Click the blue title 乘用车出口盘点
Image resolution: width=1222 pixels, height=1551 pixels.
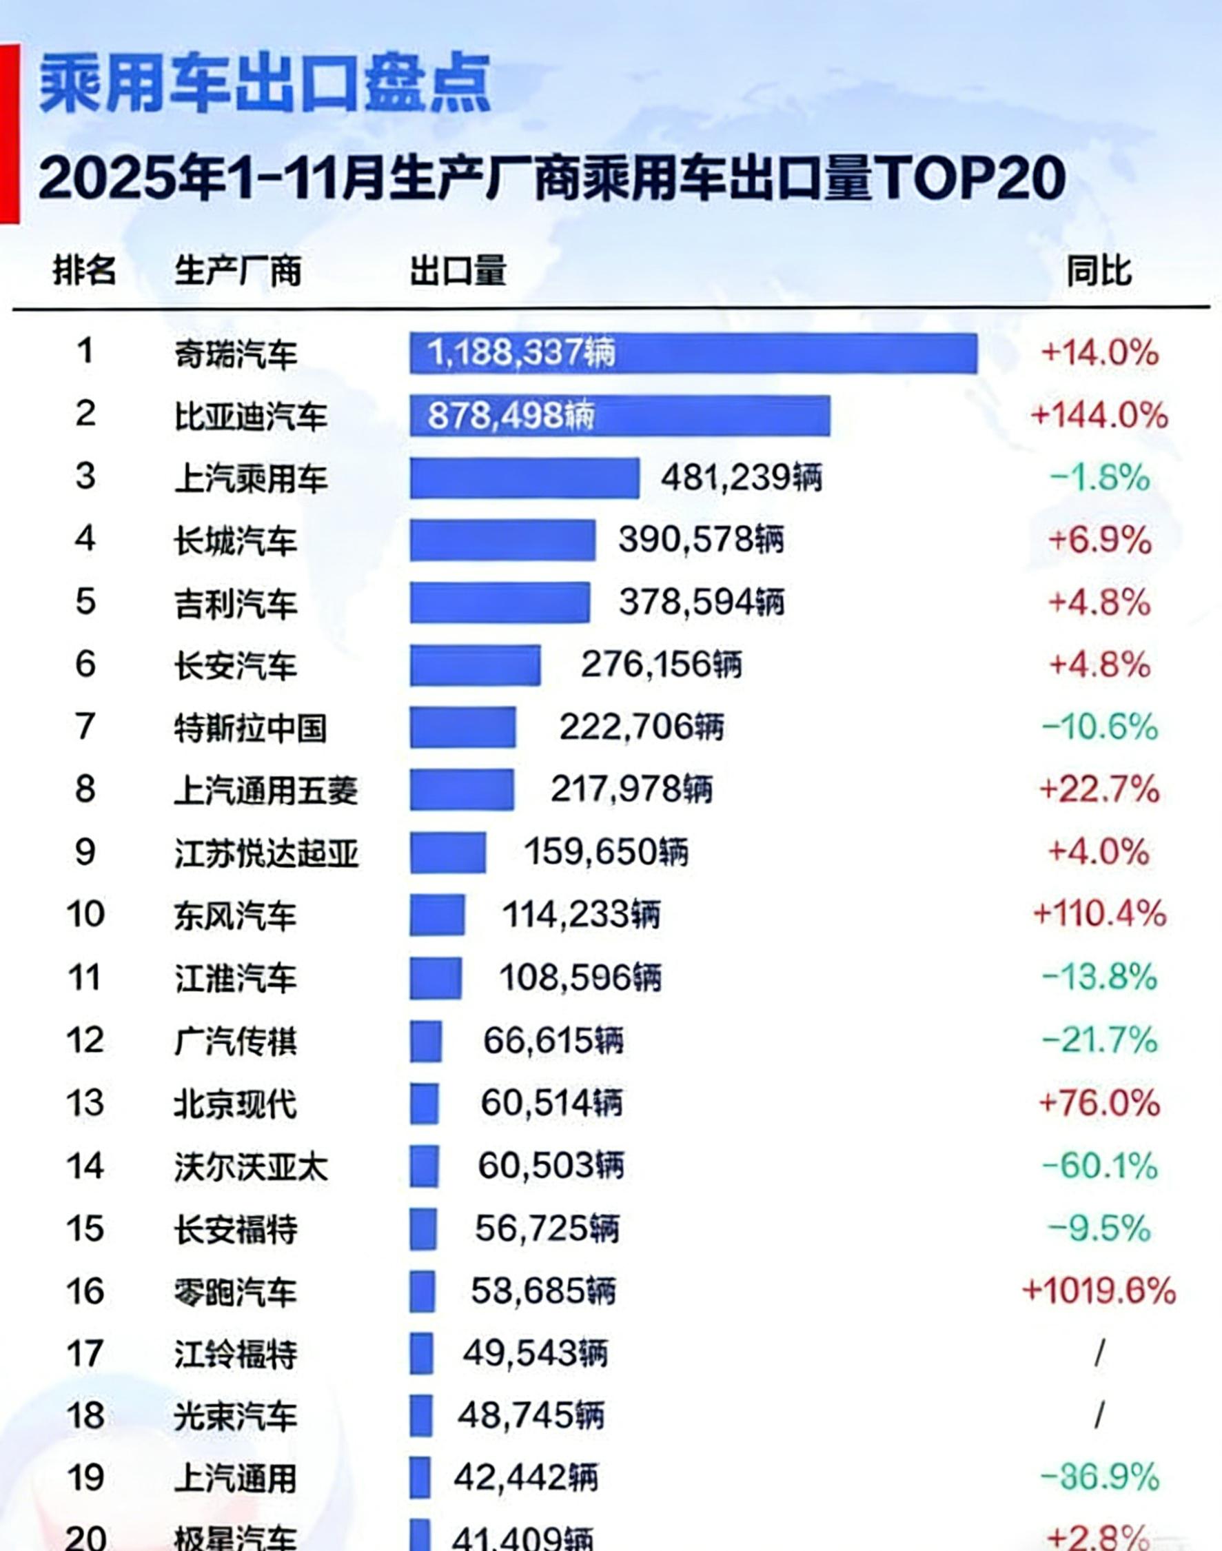point(265,84)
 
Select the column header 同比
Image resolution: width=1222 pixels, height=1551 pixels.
point(1098,271)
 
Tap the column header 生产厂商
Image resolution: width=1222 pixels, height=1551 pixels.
point(238,271)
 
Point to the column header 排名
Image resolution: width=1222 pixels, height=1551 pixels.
point(84,271)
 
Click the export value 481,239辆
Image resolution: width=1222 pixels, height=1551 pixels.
point(741,478)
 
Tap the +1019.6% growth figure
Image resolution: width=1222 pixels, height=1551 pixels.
point(1099,1291)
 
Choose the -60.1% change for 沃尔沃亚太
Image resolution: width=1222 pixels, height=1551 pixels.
point(1099,1166)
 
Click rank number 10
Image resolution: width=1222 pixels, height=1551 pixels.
point(85,914)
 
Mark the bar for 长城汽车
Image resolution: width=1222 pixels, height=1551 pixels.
point(502,540)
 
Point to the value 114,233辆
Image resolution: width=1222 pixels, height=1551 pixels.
point(581,914)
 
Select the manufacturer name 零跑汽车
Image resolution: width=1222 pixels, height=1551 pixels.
point(236,1292)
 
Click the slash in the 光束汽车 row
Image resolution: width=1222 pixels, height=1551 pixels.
point(1099,1416)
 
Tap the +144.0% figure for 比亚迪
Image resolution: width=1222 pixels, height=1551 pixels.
point(1099,416)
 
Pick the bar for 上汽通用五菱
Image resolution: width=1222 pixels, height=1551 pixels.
point(462,790)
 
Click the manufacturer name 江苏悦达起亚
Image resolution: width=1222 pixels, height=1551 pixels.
point(266,853)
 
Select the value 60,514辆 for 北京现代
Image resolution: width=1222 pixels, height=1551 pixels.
point(551,1103)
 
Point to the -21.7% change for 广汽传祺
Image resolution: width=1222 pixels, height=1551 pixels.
point(1099,1040)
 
